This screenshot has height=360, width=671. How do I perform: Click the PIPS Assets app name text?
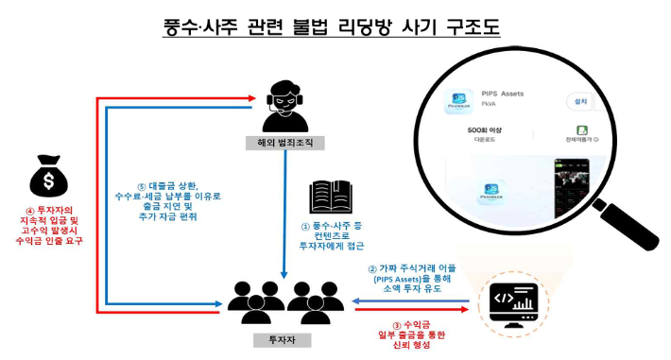(502, 94)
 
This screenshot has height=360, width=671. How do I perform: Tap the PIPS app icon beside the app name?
(460, 101)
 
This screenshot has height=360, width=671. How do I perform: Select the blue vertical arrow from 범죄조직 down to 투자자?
(284, 213)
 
